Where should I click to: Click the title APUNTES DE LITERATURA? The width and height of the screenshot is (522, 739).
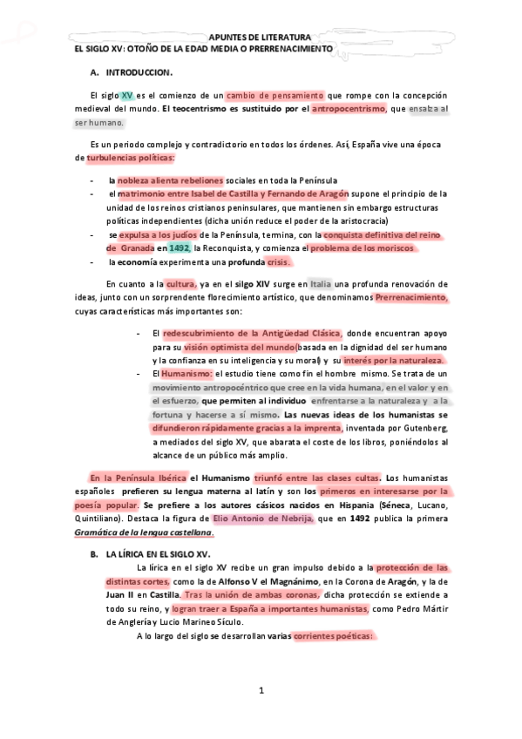pyautogui.click(x=260, y=37)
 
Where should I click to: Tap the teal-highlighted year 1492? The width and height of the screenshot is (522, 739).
pyautogui.click(x=179, y=247)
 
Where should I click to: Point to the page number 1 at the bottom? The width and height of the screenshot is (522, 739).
pyautogui.click(x=261, y=691)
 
